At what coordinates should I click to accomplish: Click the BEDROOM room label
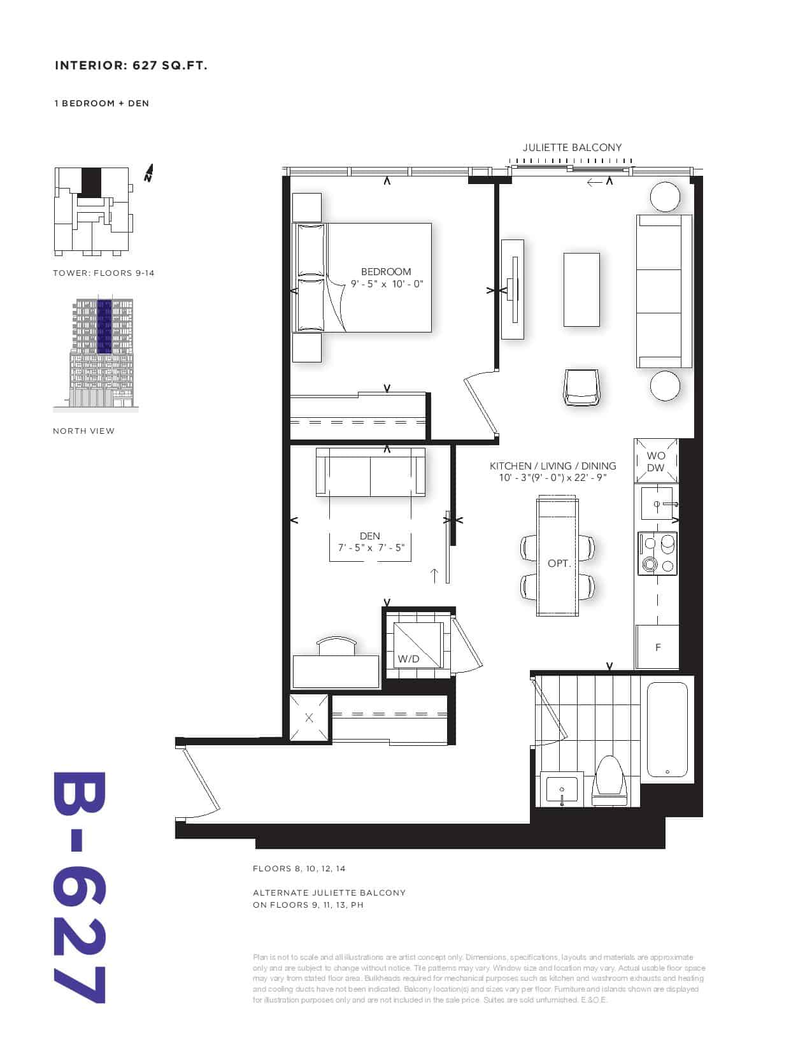tap(386, 272)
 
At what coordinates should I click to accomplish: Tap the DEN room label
tap(369, 536)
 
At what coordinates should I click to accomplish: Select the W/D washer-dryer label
tap(408, 659)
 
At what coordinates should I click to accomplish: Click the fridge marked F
tap(657, 647)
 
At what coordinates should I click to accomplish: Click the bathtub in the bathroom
tap(667, 729)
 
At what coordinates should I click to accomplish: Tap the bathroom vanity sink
tap(562, 790)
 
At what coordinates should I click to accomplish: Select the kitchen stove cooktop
tap(657, 554)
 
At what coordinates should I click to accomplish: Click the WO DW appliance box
tap(656, 461)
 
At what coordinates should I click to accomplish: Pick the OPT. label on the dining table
tap(559, 564)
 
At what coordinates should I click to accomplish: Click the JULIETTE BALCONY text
tap(572, 148)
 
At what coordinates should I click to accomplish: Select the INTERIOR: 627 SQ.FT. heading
tap(131, 66)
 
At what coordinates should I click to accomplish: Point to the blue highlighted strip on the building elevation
tap(104, 326)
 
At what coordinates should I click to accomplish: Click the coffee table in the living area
tap(581, 290)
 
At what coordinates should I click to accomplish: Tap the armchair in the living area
tap(581, 387)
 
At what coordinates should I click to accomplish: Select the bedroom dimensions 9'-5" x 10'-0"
tap(387, 284)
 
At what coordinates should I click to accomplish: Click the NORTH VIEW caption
tap(83, 431)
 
